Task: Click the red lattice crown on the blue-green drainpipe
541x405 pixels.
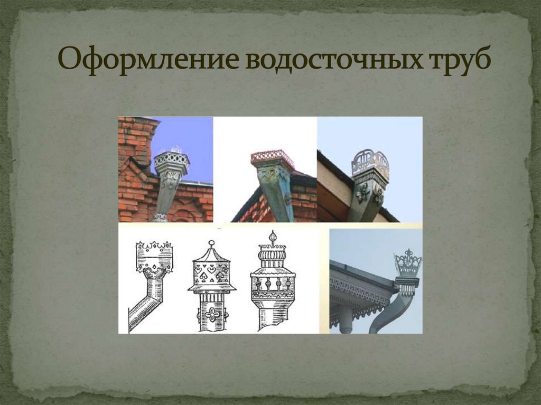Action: coord(272,157)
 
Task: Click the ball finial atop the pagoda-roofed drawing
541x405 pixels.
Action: coord(211,244)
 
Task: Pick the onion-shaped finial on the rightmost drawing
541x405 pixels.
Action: coord(273,237)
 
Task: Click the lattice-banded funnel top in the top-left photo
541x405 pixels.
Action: coord(171,159)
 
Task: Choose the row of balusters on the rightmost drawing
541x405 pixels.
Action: coord(273,284)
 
